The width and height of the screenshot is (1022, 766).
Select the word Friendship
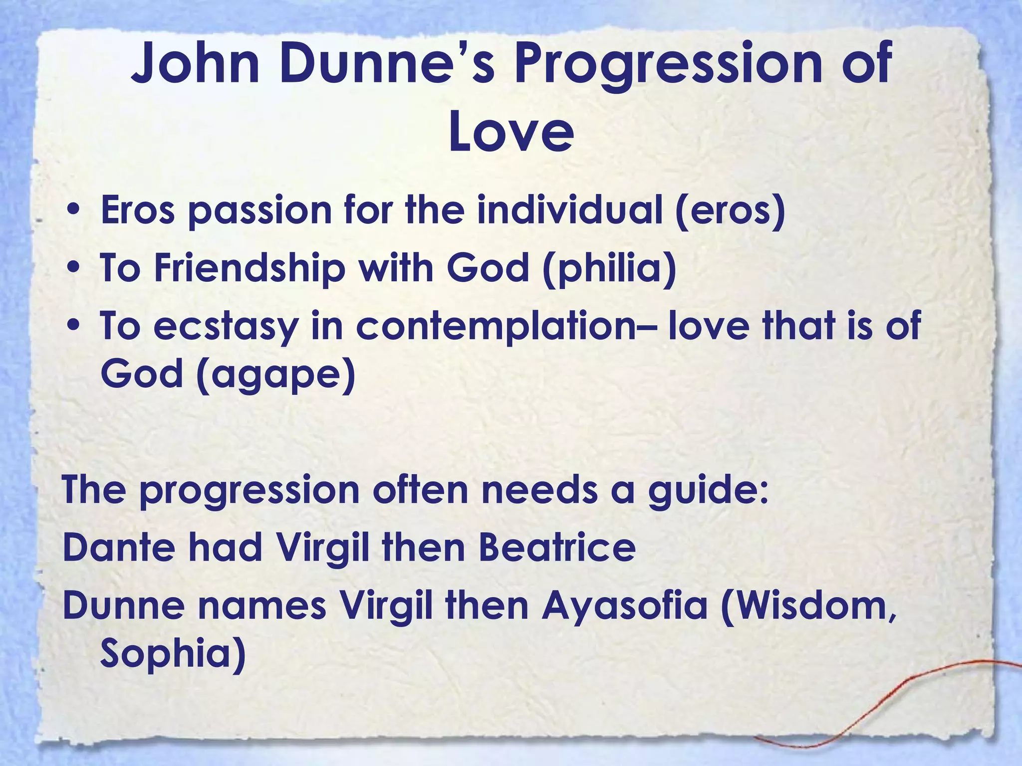pyautogui.click(x=250, y=268)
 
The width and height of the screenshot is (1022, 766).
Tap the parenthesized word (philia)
pyautogui.click(x=609, y=268)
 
